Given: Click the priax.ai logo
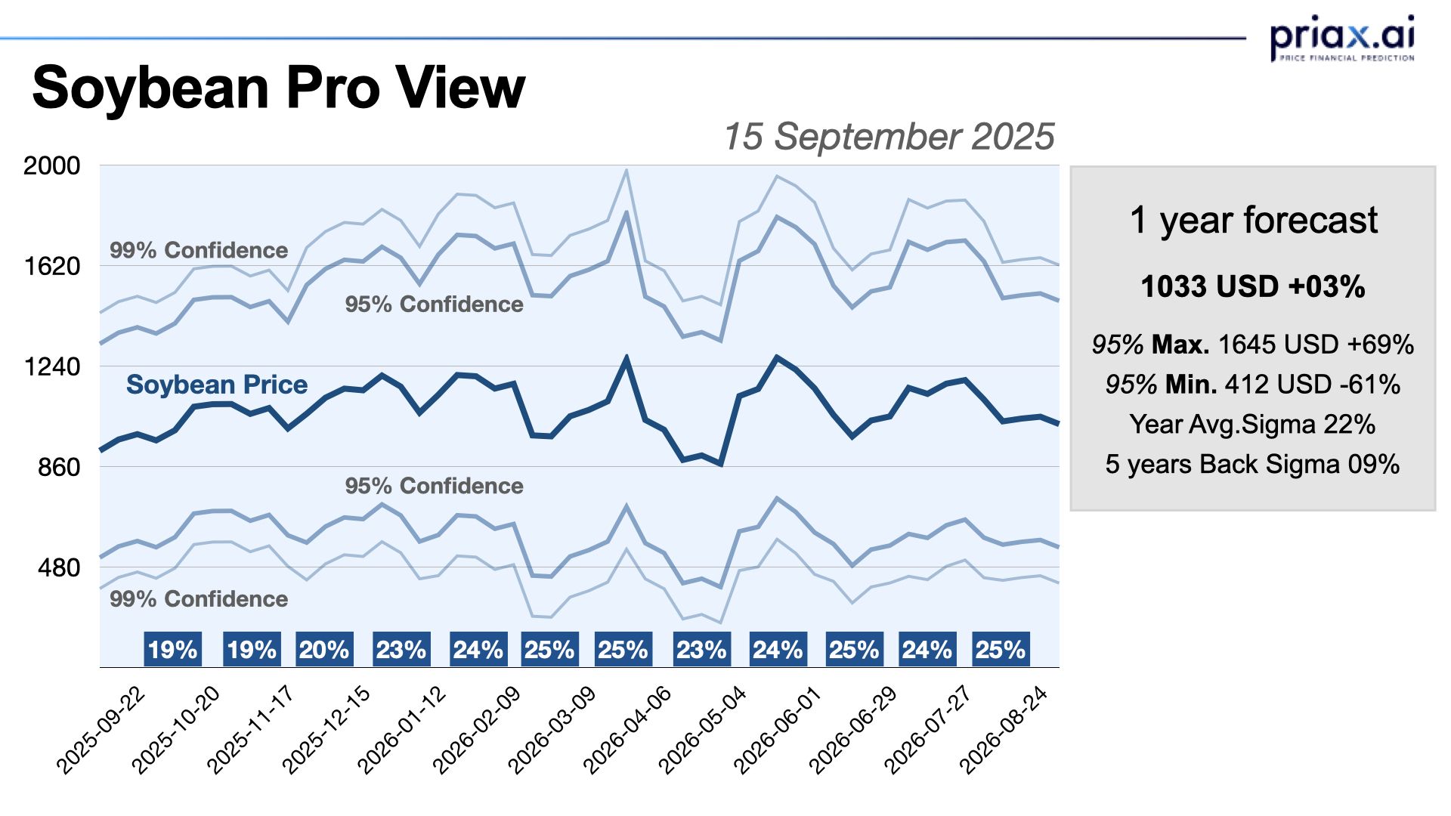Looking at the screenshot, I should pos(1342,38).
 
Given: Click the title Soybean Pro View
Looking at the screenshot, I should pos(278,88).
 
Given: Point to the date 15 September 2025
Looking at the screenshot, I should pos(889,137).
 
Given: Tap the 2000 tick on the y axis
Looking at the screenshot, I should pos(51,165).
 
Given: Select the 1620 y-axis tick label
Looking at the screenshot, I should pos(51,266).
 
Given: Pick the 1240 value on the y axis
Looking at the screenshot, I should pos(51,366).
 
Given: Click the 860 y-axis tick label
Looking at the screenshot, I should pos(59,467).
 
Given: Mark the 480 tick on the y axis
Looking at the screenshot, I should pos(59,567).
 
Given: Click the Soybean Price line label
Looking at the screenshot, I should pos(217,385).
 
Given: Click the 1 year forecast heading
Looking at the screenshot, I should pos(1253,221).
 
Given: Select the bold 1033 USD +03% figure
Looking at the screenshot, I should pos(1253,287).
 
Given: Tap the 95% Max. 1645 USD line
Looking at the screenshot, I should pos(1253,345).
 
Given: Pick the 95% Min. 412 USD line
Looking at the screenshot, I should pos(1253,385).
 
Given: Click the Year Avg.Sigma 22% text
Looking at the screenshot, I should pos(1253,425).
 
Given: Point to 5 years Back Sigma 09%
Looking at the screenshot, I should pos(1253,464).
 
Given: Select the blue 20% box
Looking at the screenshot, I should pos(324,650).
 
